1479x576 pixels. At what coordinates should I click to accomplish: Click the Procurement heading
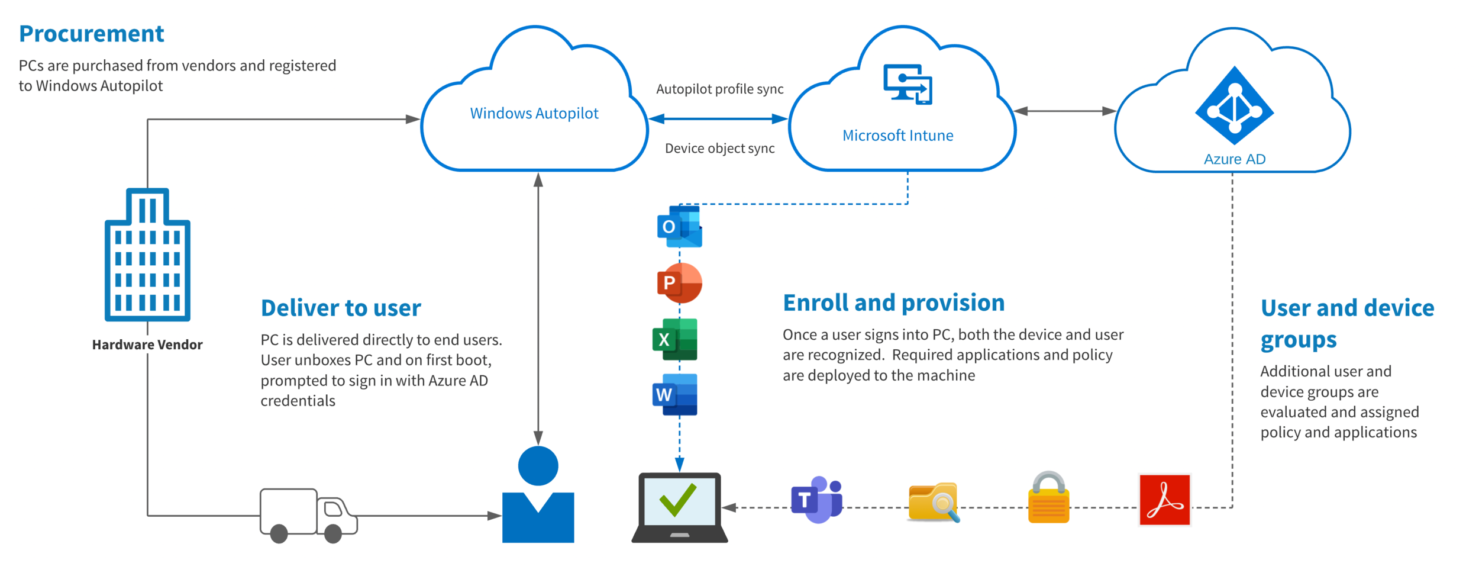click(x=92, y=34)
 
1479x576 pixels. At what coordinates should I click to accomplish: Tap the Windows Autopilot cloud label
click(x=534, y=113)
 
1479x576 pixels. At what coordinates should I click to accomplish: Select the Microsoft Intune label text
click(x=897, y=136)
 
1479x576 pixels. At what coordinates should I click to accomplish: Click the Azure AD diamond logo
click(x=1234, y=107)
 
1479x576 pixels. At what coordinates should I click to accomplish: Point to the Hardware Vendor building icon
click(x=147, y=255)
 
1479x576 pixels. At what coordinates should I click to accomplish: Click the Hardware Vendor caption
click(x=147, y=345)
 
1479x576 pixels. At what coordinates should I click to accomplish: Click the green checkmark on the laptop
click(x=678, y=500)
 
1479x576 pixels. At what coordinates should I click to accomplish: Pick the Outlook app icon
click(x=679, y=226)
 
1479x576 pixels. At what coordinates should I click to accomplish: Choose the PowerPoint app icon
click(x=679, y=283)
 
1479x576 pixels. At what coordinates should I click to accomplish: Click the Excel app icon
click(x=675, y=339)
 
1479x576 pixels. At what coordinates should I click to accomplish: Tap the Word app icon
click(x=675, y=394)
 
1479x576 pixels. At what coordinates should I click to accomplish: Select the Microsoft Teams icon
click(x=817, y=500)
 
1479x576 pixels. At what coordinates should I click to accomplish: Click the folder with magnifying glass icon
click(x=934, y=502)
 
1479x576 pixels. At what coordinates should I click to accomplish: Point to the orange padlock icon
click(x=1048, y=498)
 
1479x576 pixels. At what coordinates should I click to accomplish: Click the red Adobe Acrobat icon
click(x=1164, y=500)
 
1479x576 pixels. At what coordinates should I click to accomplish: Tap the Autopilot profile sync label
click(x=719, y=89)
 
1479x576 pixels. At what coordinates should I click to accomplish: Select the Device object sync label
click(x=719, y=148)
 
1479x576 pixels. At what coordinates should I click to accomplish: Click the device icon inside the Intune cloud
click(x=908, y=84)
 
